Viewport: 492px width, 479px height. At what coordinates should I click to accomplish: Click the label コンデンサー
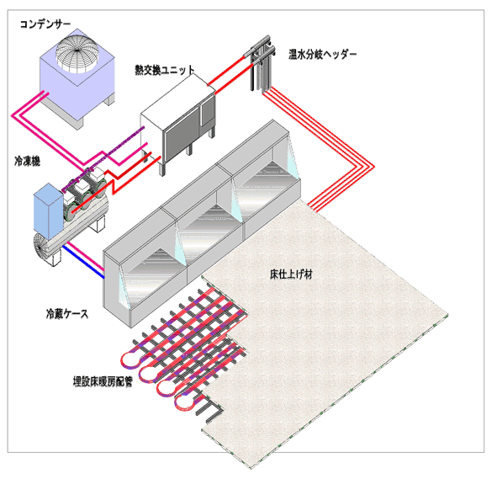[x=45, y=24]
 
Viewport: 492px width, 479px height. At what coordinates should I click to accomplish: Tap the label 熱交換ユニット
[x=165, y=70]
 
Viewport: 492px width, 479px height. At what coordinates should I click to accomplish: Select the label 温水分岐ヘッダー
[x=323, y=55]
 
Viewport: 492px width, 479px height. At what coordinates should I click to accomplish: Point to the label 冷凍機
[x=27, y=162]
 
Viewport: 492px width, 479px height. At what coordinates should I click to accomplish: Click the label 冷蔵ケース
[x=67, y=314]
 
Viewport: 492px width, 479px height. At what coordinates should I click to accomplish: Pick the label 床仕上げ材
[x=291, y=274]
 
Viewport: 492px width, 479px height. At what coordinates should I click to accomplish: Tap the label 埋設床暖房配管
[x=103, y=381]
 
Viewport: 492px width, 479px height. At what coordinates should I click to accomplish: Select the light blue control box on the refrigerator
[x=48, y=211]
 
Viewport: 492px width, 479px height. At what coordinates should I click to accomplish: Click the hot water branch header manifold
[x=263, y=63]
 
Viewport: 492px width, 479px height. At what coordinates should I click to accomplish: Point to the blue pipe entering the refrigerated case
[x=83, y=263]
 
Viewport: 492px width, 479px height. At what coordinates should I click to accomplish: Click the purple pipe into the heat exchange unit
[x=103, y=158]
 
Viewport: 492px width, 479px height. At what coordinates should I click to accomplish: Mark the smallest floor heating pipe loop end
[x=185, y=403]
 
